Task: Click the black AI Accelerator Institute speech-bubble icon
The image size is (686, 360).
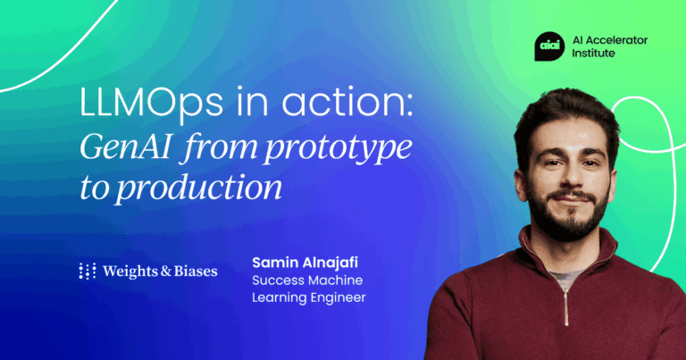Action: click(x=548, y=46)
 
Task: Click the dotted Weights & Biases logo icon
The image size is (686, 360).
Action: click(x=88, y=271)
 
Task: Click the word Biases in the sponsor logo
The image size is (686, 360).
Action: click(x=195, y=271)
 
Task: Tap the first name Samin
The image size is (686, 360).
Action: click(x=272, y=263)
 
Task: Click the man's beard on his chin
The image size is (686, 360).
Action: click(x=564, y=226)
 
